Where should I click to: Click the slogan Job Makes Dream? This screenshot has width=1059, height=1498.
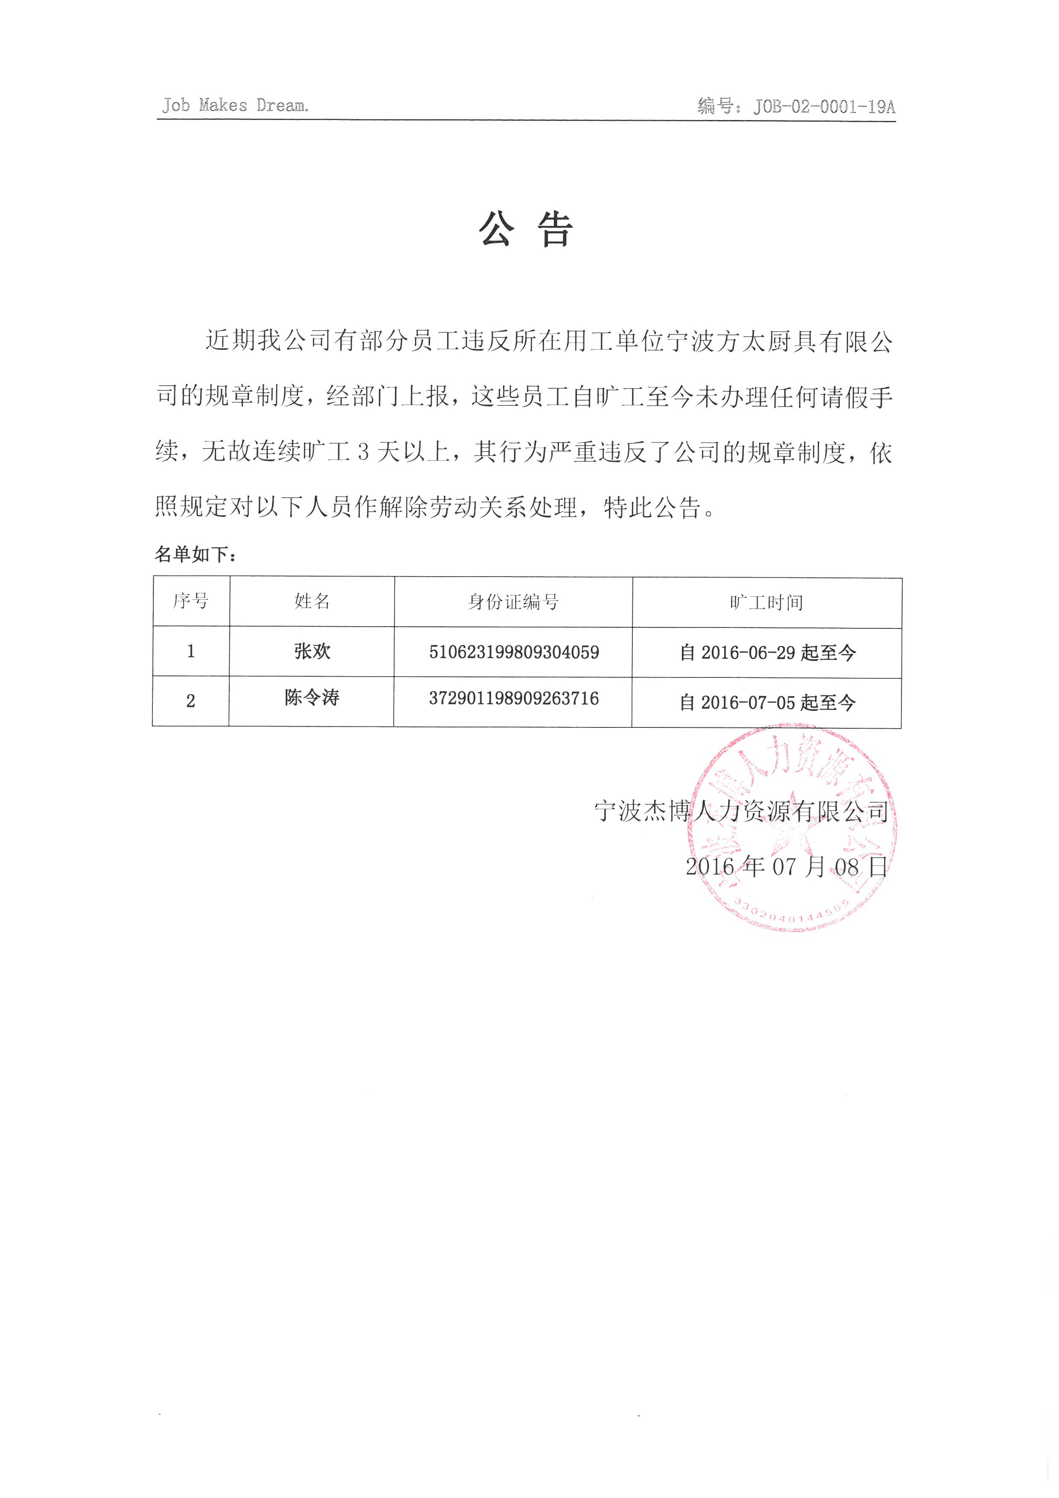click(x=235, y=105)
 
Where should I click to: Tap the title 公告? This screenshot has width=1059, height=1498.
click(x=526, y=230)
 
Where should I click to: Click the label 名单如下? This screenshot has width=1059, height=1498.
click(x=196, y=554)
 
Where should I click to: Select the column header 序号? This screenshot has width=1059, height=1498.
click(x=190, y=601)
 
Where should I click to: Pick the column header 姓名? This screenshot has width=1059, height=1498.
click(x=312, y=601)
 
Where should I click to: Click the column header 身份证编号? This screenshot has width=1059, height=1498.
click(x=513, y=601)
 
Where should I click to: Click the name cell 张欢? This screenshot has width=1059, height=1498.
click(x=312, y=651)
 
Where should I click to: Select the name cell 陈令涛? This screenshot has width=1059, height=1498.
click(x=312, y=698)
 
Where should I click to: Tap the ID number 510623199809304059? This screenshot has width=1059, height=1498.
click(x=513, y=652)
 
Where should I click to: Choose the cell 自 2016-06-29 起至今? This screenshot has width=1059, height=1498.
click(x=767, y=652)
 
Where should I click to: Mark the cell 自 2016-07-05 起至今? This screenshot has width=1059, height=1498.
click(x=767, y=703)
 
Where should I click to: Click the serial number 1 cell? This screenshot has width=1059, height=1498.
click(x=190, y=651)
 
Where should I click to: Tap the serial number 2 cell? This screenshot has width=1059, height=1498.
click(x=190, y=701)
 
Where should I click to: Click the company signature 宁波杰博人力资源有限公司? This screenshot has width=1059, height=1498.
click(x=741, y=811)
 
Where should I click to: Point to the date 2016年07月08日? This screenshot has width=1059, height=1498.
click(x=786, y=866)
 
